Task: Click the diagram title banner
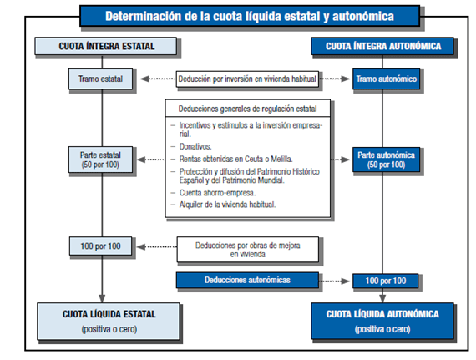(238, 16)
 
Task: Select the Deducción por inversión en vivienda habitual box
(240, 80)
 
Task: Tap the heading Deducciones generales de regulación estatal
(247, 109)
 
